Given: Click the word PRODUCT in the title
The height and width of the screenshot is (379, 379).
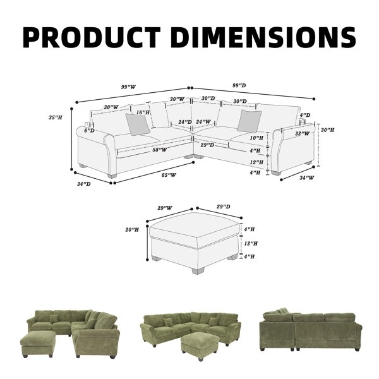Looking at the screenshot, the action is (x=92, y=37).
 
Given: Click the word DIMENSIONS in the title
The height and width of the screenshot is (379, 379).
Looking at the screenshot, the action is (x=263, y=37).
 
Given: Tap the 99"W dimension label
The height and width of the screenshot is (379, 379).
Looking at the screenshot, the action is (x=128, y=87).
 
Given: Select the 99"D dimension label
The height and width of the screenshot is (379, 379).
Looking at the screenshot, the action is (x=239, y=85).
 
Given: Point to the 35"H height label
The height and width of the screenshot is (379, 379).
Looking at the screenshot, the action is (x=56, y=117).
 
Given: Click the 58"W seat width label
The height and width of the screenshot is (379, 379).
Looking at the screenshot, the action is (x=160, y=150).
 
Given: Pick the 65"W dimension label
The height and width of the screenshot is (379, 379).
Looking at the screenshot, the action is (x=169, y=175).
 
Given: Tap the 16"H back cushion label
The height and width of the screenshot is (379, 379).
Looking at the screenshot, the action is (x=143, y=112).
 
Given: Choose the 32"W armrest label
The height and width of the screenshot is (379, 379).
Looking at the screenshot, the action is (x=302, y=133).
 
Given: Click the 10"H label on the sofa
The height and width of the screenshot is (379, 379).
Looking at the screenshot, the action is (x=256, y=138).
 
